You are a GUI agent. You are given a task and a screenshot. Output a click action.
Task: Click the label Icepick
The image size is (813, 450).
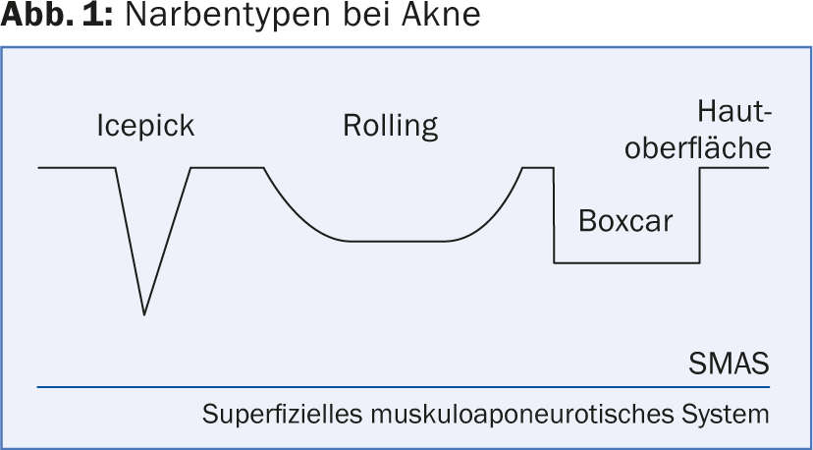coord(145,127)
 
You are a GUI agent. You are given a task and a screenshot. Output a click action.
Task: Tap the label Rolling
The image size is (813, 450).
coord(390,127)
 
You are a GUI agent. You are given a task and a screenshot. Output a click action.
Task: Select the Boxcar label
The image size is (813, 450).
coord(625,220)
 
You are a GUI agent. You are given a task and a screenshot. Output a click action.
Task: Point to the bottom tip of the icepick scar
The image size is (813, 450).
coord(144,313)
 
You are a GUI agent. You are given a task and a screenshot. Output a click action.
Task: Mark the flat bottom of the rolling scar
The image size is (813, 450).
coord(398,241)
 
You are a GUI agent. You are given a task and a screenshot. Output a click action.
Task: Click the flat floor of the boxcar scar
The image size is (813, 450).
coord(628,262)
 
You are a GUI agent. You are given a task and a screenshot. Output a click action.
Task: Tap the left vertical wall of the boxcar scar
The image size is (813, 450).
coord(555,216)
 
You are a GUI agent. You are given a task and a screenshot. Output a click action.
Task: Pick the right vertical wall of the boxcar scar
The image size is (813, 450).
coord(700,216)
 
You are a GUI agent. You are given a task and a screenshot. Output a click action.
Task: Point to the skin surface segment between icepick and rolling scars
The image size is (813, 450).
coord(228,168)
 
